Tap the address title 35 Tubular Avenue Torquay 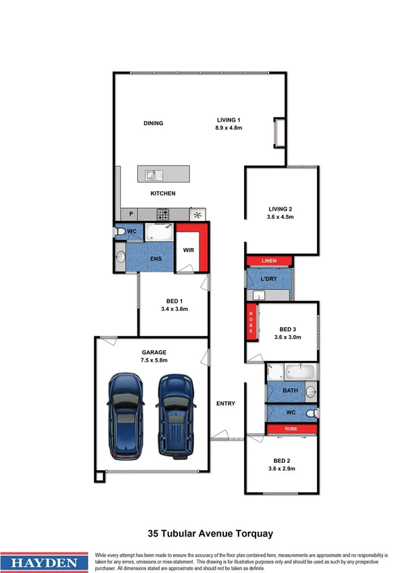(x=210, y=534)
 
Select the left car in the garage (x=124, y=414)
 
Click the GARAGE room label (x=153, y=352)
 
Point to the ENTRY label (x=226, y=403)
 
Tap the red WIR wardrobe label (x=190, y=250)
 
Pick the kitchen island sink (x=151, y=175)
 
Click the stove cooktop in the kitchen (x=163, y=214)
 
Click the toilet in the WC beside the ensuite (x=120, y=232)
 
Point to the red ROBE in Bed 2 (x=291, y=428)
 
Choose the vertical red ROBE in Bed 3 (x=251, y=322)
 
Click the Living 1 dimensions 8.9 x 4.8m (x=229, y=127)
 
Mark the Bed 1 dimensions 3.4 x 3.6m (x=174, y=309)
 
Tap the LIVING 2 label (x=280, y=209)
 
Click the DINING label (x=153, y=123)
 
